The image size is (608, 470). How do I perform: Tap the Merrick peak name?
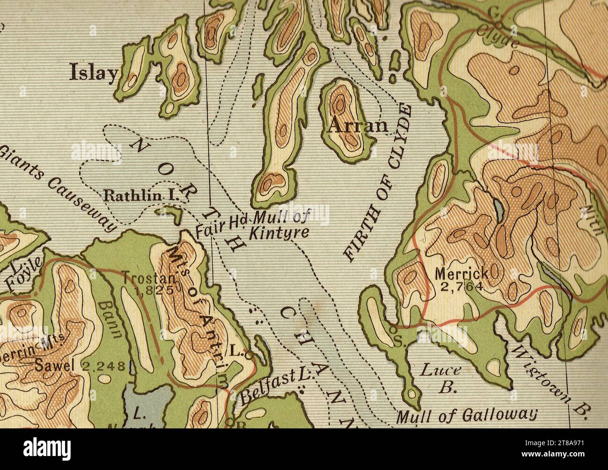(461, 273)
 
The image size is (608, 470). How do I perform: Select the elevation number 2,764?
(461, 286)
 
